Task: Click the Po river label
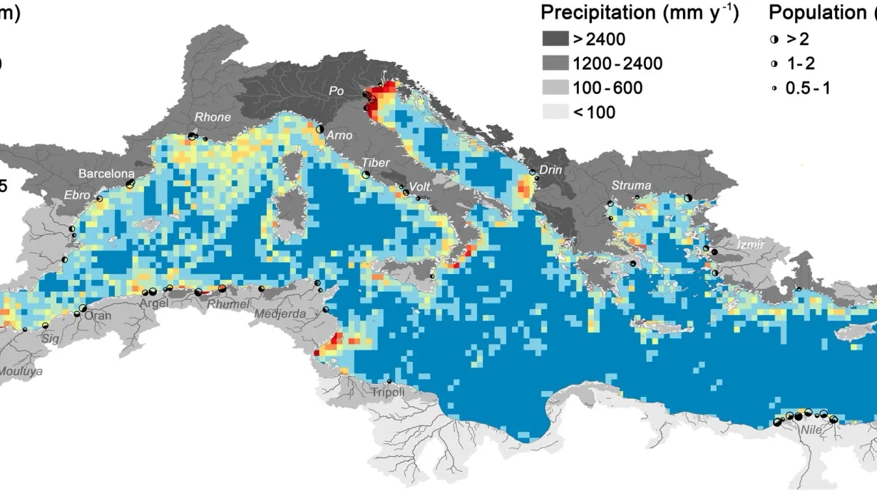tap(336, 91)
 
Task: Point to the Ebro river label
tap(77, 194)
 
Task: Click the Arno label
tap(339, 135)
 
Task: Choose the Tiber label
tap(376, 163)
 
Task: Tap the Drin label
tap(550, 170)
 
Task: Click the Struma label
tap(631, 186)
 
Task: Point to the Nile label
tap(810, 430)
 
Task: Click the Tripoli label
tap(388, 393)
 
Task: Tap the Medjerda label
tap(284, 313)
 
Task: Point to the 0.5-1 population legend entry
tap(808, 88)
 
